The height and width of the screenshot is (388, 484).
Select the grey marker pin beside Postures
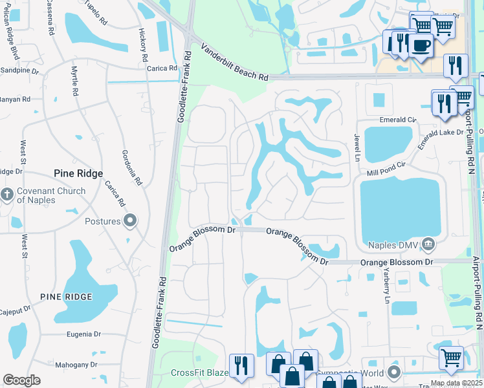[130, 221]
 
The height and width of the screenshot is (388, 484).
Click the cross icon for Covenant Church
[7, 195]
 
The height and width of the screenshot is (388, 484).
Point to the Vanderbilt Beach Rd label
[234, 63]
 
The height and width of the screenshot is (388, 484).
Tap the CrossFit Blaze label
[200, 372]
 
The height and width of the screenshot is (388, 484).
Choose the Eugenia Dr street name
[84, 334]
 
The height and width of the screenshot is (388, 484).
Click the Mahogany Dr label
[76, 364]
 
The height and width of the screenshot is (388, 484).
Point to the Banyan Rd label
[16, 100]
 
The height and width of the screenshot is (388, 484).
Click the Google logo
[21, 380]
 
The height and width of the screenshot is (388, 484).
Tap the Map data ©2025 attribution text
[456, 383]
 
